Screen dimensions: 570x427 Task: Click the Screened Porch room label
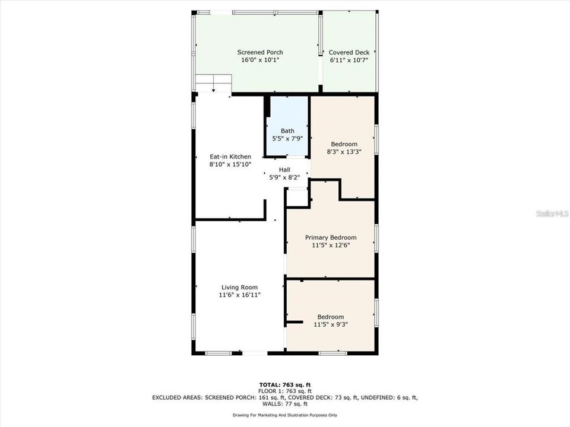[x=260, y=52]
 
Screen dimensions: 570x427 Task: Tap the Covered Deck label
[x=349, y=52]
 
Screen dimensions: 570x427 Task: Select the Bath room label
[x=287, y=130]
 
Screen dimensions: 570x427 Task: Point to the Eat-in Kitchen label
[x=230, y=157]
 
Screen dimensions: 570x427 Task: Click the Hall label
[x=284, y=170]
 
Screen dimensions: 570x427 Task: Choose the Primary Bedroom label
[x=331, y=237]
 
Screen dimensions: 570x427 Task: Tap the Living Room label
[x=239, y=287]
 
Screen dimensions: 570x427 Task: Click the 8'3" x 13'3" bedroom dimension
[x=344, y=152]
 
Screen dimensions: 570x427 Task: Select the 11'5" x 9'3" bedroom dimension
[x=331, y=324]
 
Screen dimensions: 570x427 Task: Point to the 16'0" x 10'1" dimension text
[x=260, y=60]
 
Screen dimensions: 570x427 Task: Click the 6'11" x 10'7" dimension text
[x=349, y=60]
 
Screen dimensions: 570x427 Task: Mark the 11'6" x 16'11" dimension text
[x=239, y=295]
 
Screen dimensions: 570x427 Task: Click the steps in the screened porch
[x=213, y=83]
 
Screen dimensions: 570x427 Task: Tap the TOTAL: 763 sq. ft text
[x=285, y=385]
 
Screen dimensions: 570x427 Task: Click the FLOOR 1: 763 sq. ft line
[x=285, y=391]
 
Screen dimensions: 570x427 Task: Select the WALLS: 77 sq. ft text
[x=285, y=404]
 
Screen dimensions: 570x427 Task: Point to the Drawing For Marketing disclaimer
[x=285, y=415]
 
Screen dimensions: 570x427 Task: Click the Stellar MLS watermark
[x=552, y=213]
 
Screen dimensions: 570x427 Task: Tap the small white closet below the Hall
[x=297, y=198]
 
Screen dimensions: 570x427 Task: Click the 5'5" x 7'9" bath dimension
[x=287, y=138]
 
